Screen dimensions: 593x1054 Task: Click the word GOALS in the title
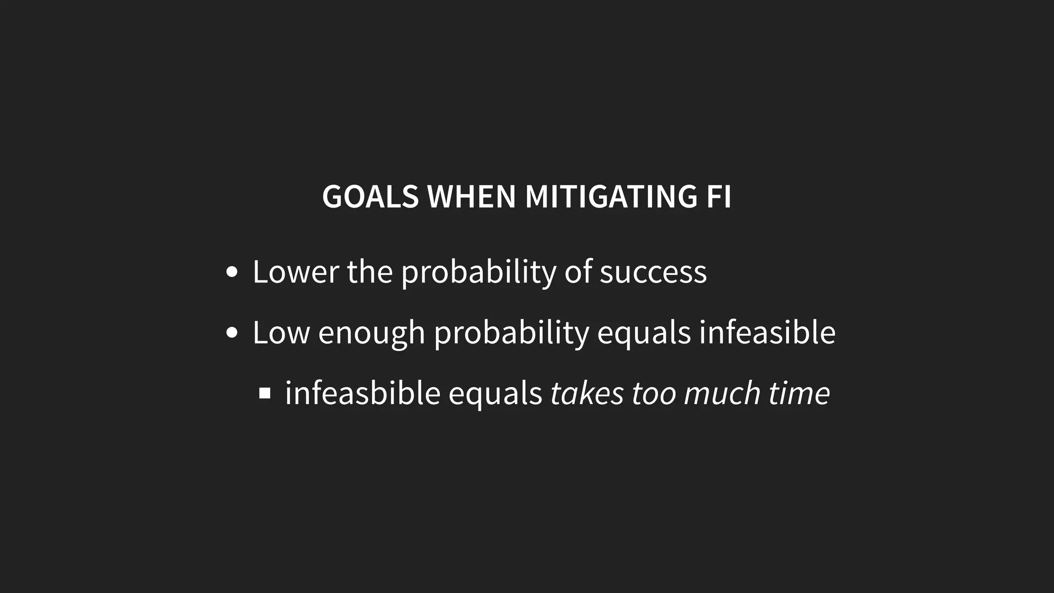(x=370, y=197)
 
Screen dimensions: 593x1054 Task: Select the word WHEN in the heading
(x=471, y=197)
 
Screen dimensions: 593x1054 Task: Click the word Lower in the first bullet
(x=295, y=272)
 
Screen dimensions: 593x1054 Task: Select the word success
(x=653, y=272)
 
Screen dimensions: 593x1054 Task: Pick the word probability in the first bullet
(x=479, y=273)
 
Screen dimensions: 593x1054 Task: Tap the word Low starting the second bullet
(x=281, y=333)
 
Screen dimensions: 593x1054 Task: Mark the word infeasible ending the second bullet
(x=767, y=333)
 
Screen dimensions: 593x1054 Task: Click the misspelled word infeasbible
(x=362, y=393)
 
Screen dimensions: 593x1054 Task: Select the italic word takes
(x=587, y=393)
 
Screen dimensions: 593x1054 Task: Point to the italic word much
(x=722, y=393)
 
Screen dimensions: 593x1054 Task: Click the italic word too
(x=654, y=393)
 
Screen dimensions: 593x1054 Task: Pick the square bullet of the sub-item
(x=265, y=394)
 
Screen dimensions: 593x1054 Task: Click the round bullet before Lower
(x=232, y=272)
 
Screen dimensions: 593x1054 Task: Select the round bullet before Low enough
(x=232, y=333)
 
